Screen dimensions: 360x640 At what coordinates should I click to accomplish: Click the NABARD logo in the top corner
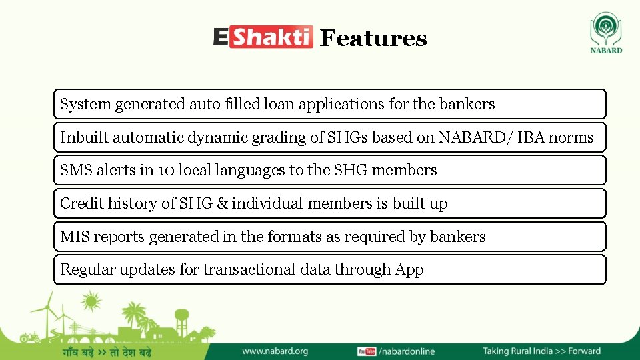pyautogui.click(x=606, y=33)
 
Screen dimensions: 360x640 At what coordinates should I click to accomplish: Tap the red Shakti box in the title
pyautogui.click(x=271, y=37)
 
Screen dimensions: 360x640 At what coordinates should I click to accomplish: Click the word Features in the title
pyautogui.click(x=373, y=39)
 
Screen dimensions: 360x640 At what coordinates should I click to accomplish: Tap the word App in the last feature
pyautogui.click(x=409, y=270)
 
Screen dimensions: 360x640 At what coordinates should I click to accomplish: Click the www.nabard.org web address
pyautogui.click(x=275, y=351)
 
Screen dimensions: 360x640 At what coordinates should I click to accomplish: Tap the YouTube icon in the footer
pyautogui.click(x=367, y=351)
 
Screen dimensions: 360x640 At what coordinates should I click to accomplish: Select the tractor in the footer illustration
pyautogui.click(x=30, y=337)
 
